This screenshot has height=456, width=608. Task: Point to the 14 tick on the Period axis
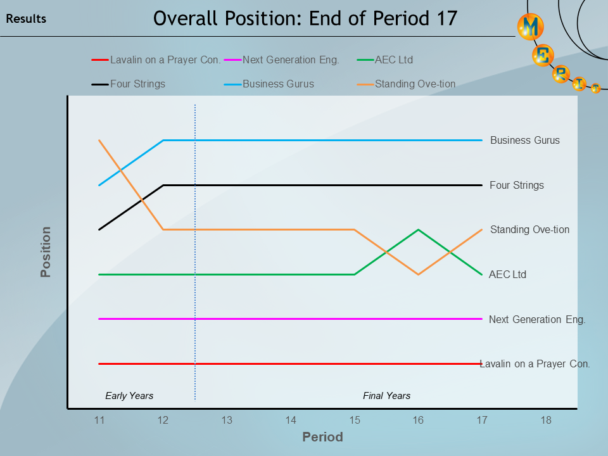click(x=291, y=420)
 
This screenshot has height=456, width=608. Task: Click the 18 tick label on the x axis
click(x=546, y=420)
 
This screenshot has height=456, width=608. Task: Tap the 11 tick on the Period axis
click(x=99, y=420)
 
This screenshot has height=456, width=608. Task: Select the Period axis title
click(x=322, y=437)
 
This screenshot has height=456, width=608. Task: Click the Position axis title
click(x=46, y=252)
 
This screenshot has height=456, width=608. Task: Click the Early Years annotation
click(x=129, y=396)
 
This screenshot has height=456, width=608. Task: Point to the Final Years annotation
click(x=386, y=396)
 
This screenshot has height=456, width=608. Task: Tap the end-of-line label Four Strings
click(x=516, y=186)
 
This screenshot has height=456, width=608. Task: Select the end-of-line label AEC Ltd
click(x=507, y=275)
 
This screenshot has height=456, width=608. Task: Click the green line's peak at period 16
click(x=418, y=229)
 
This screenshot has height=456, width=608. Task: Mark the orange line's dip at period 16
click(x=418, y=274)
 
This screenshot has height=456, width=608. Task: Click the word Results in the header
click(x=26, y=19)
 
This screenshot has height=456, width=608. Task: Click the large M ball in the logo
click(x=530, y=27)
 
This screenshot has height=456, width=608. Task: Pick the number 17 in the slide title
click(x=446, y=18)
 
